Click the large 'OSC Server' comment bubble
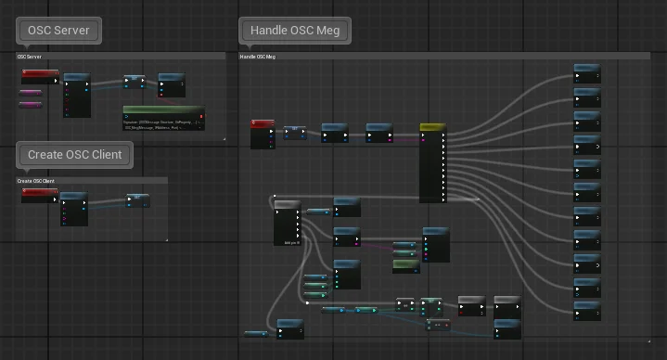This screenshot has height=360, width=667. pyautogui.click(x=58, y=30)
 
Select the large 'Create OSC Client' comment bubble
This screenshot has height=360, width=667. pyautogui.click(x=74, y=154)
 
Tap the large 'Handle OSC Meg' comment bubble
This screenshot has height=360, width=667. pyautogui.click(x=296, y=30)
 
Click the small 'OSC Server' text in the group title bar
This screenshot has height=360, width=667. pyautogui.click(x=30, y=57)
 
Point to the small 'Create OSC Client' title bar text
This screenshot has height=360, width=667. pyautogui.click(x=35, y=181)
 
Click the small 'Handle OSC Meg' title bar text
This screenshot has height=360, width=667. pyautogui.click(x=257, y=57)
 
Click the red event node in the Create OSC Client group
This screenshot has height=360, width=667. pyautogui.click(x=39, y=195)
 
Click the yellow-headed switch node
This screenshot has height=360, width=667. pyautogui.click(x=432, y=162)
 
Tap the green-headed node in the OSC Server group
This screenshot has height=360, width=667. pyautogui.click(x=163, y=118)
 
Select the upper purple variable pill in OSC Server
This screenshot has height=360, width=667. pyautogui.click(x=31, y=93)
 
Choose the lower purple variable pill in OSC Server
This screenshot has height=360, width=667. pyautogui.click(x=31, y=105)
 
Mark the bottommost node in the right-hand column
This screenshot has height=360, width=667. pyautogui.click(x=587, y=310)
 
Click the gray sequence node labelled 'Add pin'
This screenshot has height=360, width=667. pyautogui.click(x=287, y=223)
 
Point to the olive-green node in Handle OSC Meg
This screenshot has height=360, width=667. pyautogui.click(x=405, y=265)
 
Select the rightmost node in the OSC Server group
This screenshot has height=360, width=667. pyautogui.click(x=172, y=84)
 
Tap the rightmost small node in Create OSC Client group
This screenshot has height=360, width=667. pyautogui.click(x=137, y=200)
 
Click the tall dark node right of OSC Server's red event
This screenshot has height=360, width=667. pyautogui.click(x=76, y=96)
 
